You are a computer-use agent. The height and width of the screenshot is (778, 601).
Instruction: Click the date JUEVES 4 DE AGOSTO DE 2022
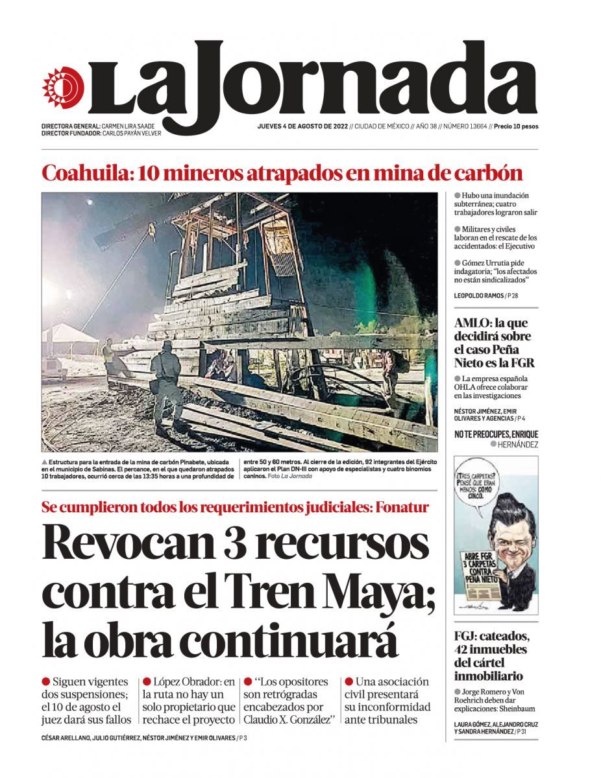(x=302, y=126)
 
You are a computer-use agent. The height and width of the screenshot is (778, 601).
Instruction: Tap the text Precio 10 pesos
(x=516, y=126)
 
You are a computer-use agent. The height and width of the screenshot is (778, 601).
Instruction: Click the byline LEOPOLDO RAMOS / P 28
(x=486, y=296)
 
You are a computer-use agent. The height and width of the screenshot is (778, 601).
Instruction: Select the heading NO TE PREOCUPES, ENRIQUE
(x=496, y=434)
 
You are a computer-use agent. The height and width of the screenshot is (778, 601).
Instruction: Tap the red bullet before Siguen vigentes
(x=46, y=682)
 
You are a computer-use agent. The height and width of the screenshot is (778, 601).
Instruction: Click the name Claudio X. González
(x=288, y=720)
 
